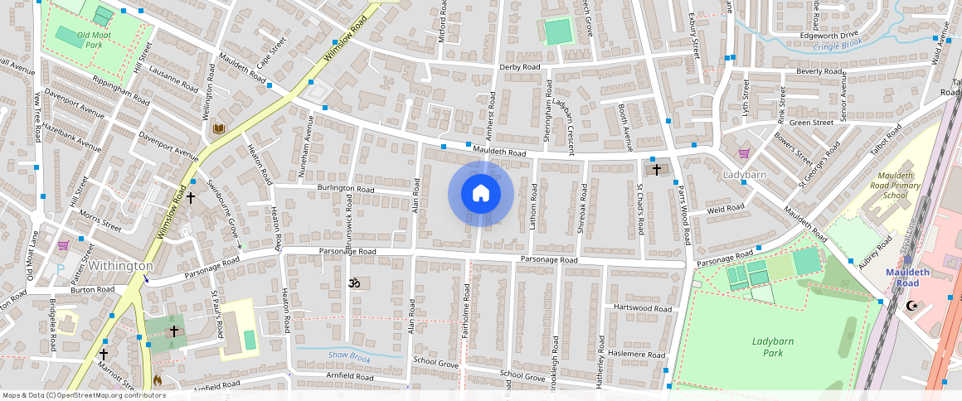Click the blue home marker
tap(480, 194)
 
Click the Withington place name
tap(121, 266)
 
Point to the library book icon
tap(219, 128)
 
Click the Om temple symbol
tap(354, 283)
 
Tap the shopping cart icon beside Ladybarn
tap(744, 153)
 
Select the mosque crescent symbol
tap(912, 306)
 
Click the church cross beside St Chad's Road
tap(657, 169)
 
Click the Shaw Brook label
tap(348, 356)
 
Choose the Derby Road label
tap(520, 67)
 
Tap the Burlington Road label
tap(345, 190)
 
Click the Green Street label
tap(811, 123)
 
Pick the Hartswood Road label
tap(643, 307)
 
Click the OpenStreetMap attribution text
tap(85, 395)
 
